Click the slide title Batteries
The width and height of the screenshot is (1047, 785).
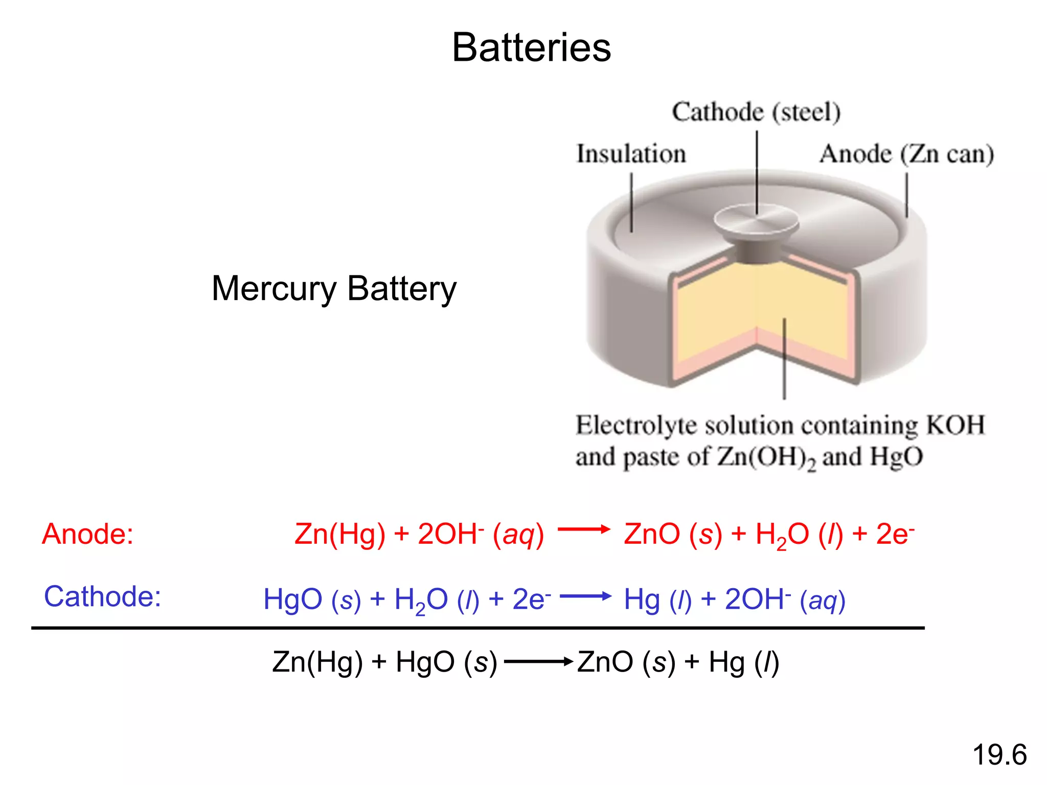pyautogui.click(x=531, y=48)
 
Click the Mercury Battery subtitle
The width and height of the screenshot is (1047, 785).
pyautogui.click(x=334, y=289)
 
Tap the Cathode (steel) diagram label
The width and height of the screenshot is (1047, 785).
pyautogui.click(x=756, y=112)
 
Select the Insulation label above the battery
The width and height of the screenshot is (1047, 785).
pyautogui.click(x=631, y=154)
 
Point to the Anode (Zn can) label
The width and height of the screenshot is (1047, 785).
pyautogui.click(x=906, y=154)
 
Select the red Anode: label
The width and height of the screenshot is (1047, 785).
pyautogui.click(x=87, y=534)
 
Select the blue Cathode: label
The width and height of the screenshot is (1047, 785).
pyautogui.click(x=102, y=596)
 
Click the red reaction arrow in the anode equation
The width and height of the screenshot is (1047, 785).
pyautogui.click(x=584, y=529)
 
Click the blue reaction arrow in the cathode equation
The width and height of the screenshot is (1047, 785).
pyautogui.click(x=585, y=596)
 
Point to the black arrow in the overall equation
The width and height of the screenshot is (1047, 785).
pyautogui.click(x=538, y=662)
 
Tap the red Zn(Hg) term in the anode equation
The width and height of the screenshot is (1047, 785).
pyautogui.click(x=339, y=535)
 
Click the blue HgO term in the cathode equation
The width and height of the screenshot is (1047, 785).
pyautogui.click(x=292, y=599)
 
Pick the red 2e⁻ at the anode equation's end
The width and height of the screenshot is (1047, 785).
pyautogui.click(x=895, y=534)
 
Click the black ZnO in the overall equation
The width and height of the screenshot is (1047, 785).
pyautogui.click(x=605, y=662)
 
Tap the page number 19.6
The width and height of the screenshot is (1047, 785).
pyautogui.click(x=999, y=755)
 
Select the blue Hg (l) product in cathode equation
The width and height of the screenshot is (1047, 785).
pyautogui.click(x=657, y=599)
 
